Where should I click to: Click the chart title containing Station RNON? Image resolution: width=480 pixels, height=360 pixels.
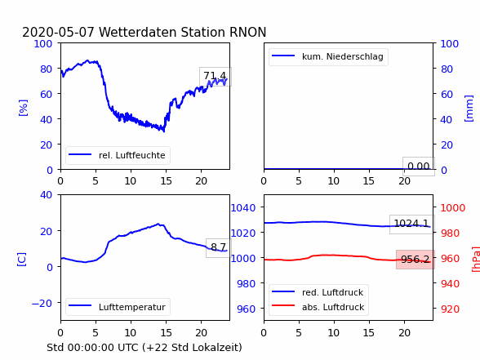[144, 32]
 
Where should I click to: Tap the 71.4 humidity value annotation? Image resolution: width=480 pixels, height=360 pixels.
[216, 76]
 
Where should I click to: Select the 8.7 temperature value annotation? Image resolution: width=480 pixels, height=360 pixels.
[218, 247]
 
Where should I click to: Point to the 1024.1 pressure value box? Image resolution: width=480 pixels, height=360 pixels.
[411, 224]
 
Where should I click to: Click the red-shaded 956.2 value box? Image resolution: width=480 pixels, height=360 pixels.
[415, 260]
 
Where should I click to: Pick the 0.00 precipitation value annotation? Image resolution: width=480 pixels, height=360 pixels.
[418, 167]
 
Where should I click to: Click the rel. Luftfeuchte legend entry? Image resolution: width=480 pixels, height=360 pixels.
[118, 155]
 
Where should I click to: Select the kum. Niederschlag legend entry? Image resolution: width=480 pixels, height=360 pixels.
[328, 56]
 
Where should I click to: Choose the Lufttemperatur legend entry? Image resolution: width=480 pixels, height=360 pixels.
[118, 307]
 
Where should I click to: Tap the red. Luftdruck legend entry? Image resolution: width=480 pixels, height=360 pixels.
[318, 292]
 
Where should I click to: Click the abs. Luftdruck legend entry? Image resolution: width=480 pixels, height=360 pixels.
[318, 307]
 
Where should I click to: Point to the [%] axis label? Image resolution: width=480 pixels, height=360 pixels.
[23, 108]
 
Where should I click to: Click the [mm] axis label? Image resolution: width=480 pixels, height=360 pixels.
[469, 109]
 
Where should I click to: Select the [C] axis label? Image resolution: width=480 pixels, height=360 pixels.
[21, 259]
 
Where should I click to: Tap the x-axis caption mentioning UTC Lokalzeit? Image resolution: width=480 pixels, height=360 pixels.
[144, 348]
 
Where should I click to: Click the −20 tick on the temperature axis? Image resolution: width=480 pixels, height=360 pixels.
[42, 304]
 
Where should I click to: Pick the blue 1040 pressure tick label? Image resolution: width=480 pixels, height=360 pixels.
[243, 208]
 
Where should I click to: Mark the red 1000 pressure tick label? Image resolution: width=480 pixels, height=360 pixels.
[453, 208]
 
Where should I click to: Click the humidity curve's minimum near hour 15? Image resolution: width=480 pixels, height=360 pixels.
[164, 131]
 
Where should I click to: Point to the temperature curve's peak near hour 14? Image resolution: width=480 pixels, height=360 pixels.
[158, 224]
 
